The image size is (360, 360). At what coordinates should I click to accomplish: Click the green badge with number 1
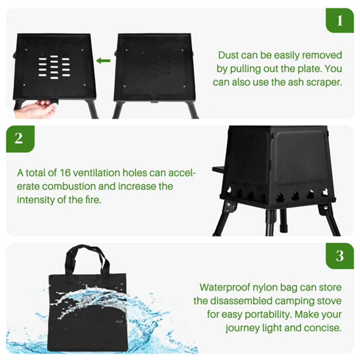point(339,20)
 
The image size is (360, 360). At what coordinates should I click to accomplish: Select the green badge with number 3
point(339,256)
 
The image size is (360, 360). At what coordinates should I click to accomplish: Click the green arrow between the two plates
point(103,61)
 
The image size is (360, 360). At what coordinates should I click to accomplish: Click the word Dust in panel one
point(228,55)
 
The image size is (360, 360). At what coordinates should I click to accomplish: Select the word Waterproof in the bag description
point(225,287)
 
